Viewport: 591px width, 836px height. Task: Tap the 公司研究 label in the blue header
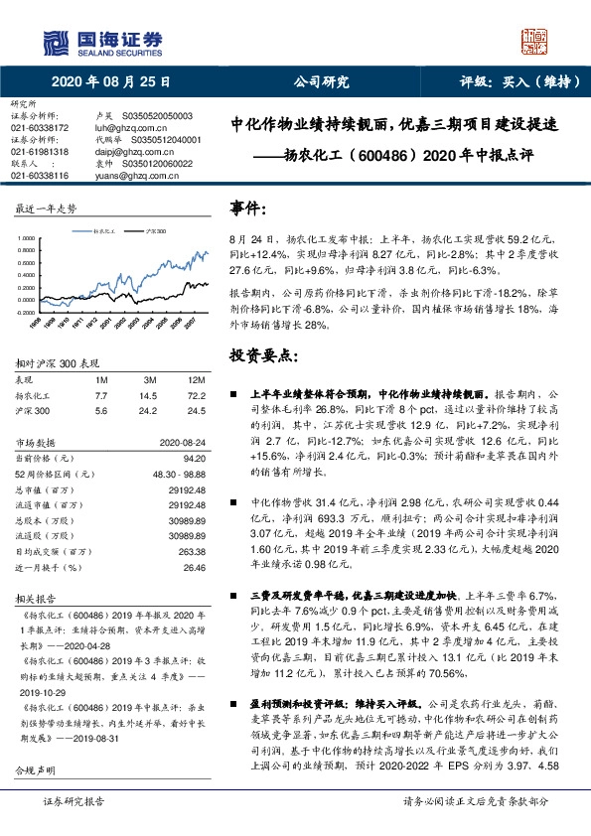[321, 82]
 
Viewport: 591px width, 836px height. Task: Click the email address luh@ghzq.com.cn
[125, 128]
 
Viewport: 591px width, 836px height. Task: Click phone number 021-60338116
[40, 176]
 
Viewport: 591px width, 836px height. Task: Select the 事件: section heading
[248, 209]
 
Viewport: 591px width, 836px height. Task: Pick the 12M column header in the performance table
[197, 380]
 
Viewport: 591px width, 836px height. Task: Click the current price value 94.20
[194, 460]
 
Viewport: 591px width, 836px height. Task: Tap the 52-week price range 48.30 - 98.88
[176, 475]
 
